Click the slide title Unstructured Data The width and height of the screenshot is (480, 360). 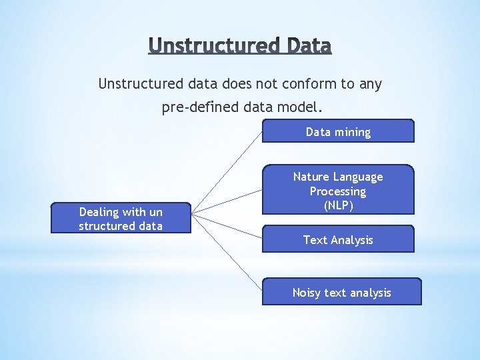pyautogui.click(x=240, y=45)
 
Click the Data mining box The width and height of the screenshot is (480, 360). pyautogui.click(x=338, y=131)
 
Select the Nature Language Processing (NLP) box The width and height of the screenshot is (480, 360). pyautogui.click(x=338, y=190)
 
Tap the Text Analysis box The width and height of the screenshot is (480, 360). pyautogui.click(x=338, y=239)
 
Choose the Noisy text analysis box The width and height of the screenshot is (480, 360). pyautogui.click(x=341, y=292)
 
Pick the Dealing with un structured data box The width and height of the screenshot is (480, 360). pyautogui.click(x=121, y=218)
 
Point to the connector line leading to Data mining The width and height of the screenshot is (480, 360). pyautogui.click(x=227, y=171)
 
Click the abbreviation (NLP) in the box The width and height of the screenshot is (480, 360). pyautogui.click(x=338, y=205)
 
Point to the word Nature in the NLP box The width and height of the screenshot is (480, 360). pyautogui.click(x=311, y=177)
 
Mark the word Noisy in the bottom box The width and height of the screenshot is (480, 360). pyautogui.click(x=307, y=293)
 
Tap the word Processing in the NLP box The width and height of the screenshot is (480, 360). pyautogui.click(x=338, y=191)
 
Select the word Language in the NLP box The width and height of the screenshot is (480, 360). pyautogui.click(x=358, y=177)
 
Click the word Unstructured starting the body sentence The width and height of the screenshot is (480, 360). pyautogui.click(x=139, y=84)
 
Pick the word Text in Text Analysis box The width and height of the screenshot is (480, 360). pyautogui.click(x=315, y=239)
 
